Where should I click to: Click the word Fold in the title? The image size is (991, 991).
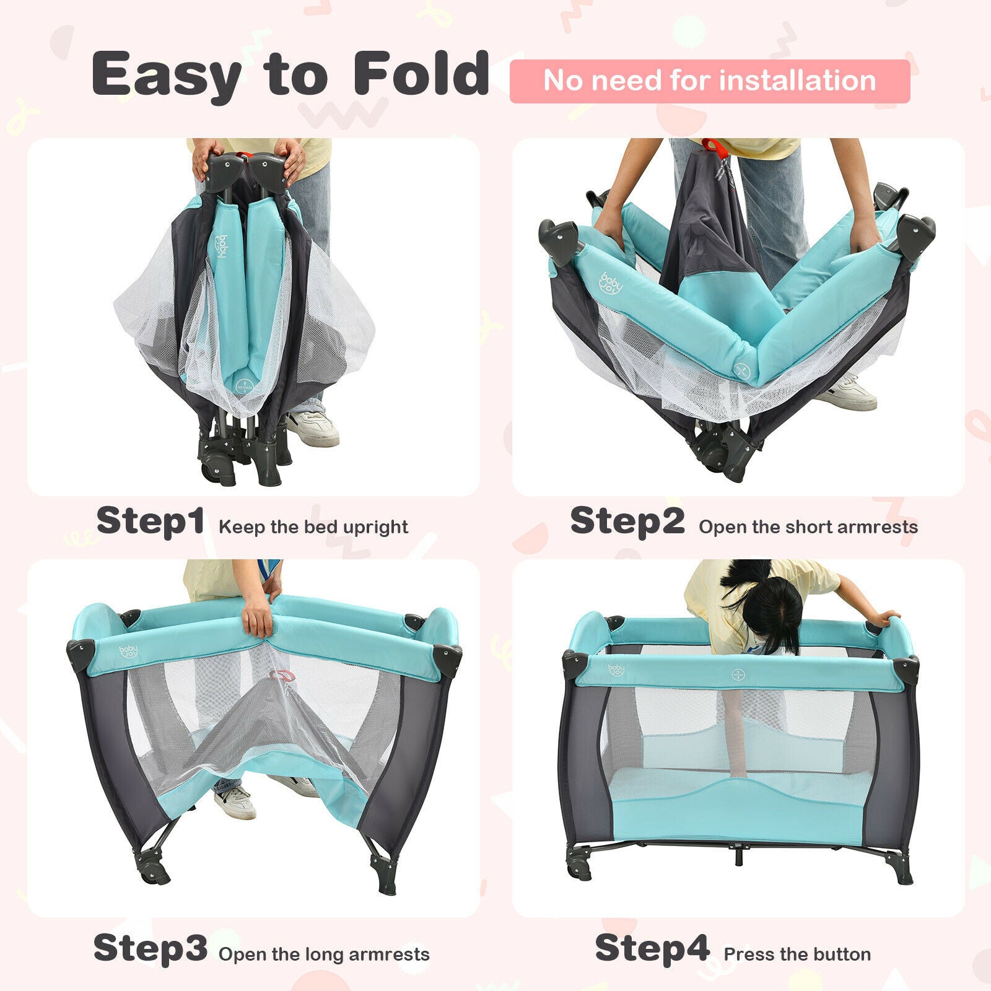coord(421,74)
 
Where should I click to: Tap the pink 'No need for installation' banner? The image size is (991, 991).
coord(710,81)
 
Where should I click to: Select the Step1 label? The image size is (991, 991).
coord(151,521)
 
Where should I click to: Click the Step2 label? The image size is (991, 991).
coord(627,521)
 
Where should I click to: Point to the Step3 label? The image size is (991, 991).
coord(151,948)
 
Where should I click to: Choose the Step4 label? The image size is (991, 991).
coord(652,948)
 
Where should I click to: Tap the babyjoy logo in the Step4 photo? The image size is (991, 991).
coord(616,670)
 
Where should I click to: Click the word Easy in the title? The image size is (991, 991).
coord(167,75)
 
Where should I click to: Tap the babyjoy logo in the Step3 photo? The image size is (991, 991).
coord(129,651)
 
